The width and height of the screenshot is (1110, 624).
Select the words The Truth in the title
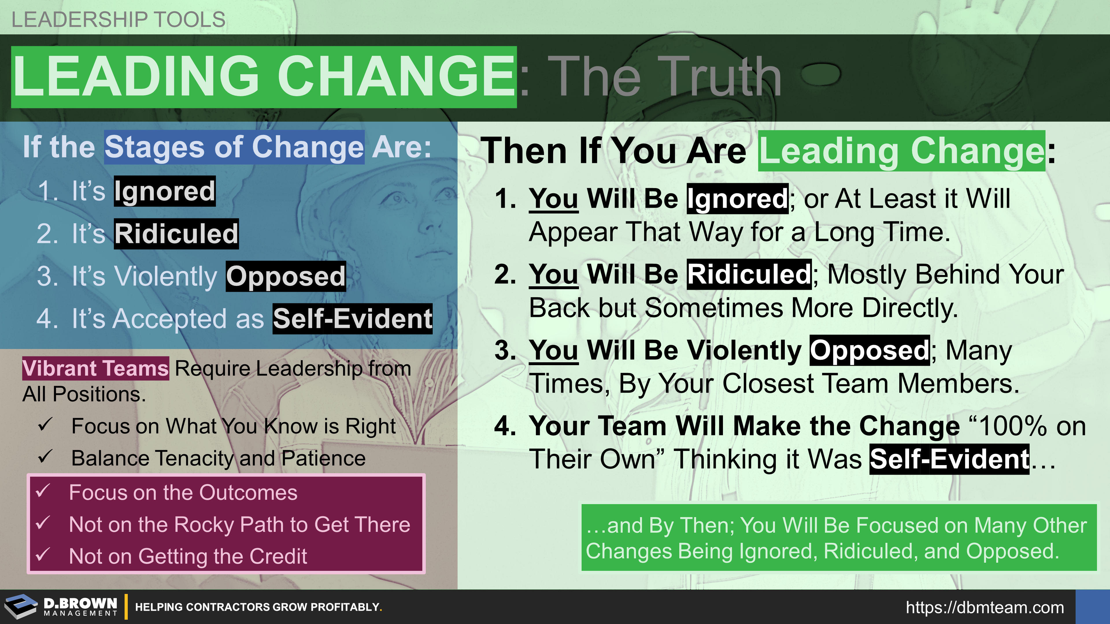(x=664, y=77)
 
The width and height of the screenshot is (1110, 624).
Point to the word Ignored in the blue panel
(x=164, y=191)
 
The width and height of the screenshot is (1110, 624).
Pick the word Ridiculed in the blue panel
(x=176, y=233)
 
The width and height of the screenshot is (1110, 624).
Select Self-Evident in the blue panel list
(x=352, y=319)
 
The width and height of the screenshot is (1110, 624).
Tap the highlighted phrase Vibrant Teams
(x=96, y=369)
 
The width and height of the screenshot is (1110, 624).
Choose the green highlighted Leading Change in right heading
(x=902, y=151)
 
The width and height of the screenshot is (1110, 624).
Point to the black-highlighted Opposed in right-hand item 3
(x=869, y=350)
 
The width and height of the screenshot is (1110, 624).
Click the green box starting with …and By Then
(x=839, y=537)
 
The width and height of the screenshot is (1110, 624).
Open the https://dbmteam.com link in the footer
(x=985, y=608)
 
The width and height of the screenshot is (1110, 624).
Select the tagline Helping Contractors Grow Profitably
(x=258, y=607)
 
